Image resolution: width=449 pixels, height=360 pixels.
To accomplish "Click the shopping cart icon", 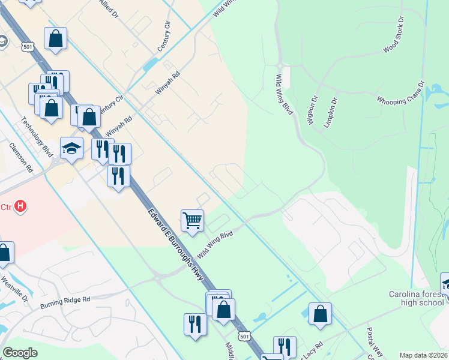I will tap(192, 220).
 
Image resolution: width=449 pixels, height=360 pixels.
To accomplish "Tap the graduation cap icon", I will tap(71, 148).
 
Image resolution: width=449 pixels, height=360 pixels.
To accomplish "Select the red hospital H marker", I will tap(21, 206).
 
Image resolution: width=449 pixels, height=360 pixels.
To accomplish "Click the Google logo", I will tap(20, 352).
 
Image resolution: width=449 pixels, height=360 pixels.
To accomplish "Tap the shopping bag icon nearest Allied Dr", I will tap(55, 39).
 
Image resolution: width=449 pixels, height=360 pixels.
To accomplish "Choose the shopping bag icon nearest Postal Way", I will tap(321, 314).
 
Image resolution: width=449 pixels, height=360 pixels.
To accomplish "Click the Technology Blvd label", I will tap(34, 133).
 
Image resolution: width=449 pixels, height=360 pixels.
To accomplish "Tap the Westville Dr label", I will tap(14, 288).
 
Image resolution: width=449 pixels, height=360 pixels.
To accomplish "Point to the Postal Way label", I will tap(374, 337).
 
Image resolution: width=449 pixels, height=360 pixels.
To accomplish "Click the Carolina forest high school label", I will tap(416, 298).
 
